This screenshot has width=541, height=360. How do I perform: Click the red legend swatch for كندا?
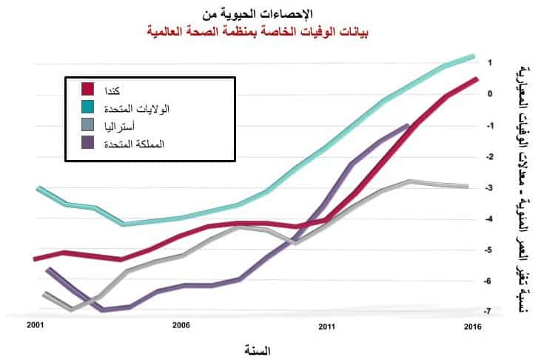tap(88, 90)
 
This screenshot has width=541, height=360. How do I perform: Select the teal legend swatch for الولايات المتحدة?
tap(88, 107)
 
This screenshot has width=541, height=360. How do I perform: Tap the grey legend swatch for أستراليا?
tap(88, 124)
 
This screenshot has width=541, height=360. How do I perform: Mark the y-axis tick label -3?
tap(488, 187)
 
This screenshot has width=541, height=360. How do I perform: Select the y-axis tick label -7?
tap(488, 312)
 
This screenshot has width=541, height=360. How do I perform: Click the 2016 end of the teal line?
tap(473, 56)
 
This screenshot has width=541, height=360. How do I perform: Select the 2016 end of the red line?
tap(477, 79)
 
